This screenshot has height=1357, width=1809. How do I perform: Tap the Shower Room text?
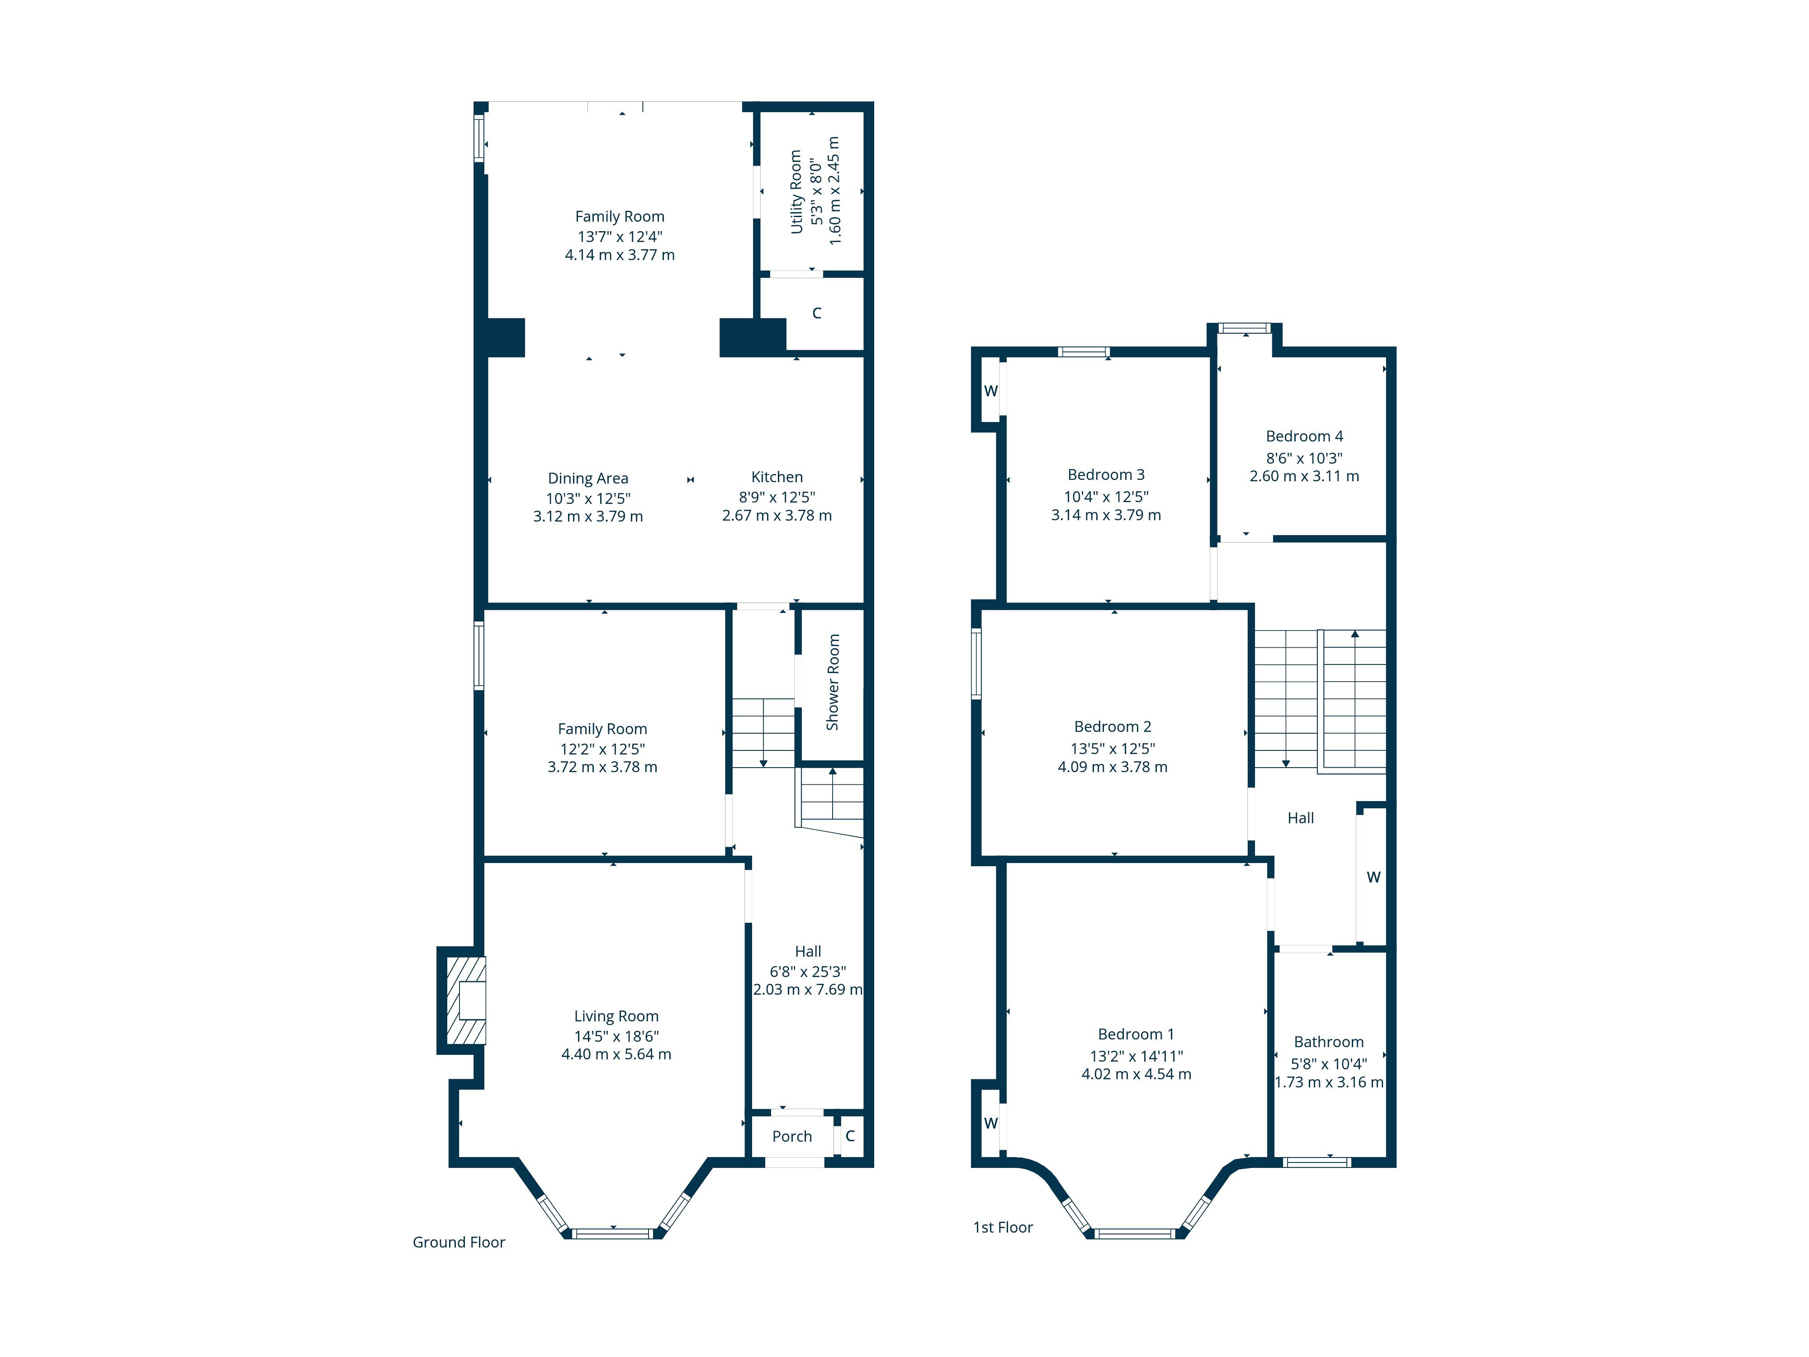tap(833, 682)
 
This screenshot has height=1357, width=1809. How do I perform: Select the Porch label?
tap(791, 1136)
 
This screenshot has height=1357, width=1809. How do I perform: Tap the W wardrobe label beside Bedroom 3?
tap(990, 391)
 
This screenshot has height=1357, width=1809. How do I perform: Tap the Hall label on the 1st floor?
tap(1300, 818)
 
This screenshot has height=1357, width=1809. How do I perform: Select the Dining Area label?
tap(588, 479)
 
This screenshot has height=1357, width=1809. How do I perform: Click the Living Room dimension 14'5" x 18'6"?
tap(616, 1035)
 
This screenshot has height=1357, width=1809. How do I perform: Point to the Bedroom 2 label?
tap(1112, 726)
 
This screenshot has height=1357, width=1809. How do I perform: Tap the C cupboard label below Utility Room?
tap(816, 313)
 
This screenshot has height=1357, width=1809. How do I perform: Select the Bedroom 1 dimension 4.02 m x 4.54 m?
tap(1136, 1074)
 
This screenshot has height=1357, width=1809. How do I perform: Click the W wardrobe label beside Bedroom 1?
tap(990, 1123)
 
